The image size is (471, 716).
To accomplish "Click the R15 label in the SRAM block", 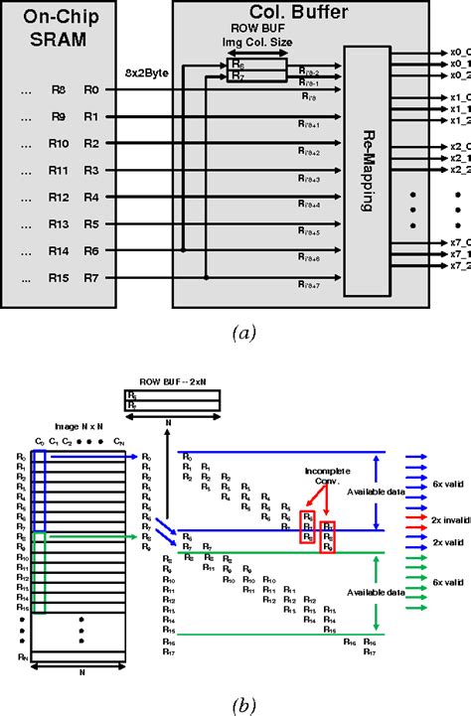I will coord(59,277).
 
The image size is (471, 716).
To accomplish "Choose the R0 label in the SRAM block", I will coord(91,89).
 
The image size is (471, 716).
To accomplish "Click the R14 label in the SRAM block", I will coord(59,250).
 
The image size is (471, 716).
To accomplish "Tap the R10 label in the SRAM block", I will coord(59,143).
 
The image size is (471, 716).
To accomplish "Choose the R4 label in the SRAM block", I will coord(91,197).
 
